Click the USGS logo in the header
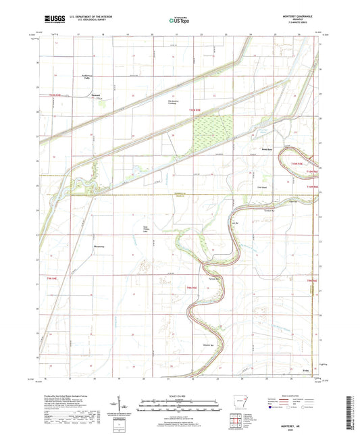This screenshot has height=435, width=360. pos(51,21)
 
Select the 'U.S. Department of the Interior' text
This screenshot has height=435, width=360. pos(87,18)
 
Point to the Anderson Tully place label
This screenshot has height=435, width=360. pos(86,77)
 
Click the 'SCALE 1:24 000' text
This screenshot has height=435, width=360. pos(179,396)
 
